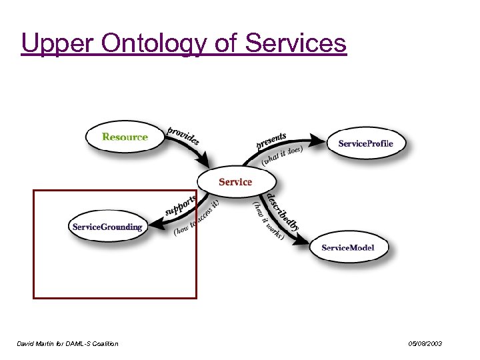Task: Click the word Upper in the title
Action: coord(59,43)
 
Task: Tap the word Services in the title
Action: coord(296,43)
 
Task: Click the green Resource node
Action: coord(125,137)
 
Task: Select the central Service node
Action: coord(235,181)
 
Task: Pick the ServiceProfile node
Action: coord(365,143)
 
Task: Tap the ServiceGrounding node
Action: coord(107,227)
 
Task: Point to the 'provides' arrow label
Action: coord(183,135)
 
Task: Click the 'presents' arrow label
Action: coord(271,140)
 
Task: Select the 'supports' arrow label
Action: coord(181,205)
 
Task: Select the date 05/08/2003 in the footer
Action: coord(425,343)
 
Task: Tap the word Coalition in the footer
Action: coord(105,343)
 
